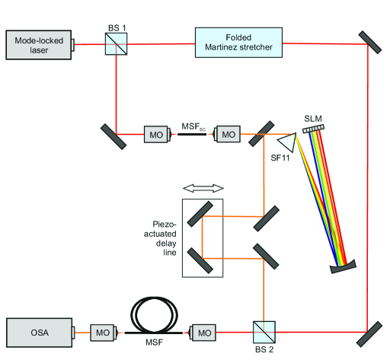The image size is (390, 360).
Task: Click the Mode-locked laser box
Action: (x=39, y=45)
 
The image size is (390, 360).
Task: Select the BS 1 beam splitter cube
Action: (x=117, y=44)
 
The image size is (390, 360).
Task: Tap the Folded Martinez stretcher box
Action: (x=238, y=43)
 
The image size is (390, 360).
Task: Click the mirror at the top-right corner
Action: (x=370, y=43)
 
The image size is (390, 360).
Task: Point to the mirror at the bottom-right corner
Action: (x=369, y=334)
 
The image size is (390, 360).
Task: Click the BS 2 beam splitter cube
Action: (x=264, y=333)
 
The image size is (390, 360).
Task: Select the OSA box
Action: (x=40, y=333)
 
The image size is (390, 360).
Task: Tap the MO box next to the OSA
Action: (x=102, y=333)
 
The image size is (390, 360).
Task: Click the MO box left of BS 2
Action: (x=204, y=333)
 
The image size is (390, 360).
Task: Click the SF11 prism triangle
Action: (x=289, y=142)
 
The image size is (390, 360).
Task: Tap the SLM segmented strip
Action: (x=314, y=129)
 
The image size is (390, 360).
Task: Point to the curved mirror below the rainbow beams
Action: (x=343, y=267)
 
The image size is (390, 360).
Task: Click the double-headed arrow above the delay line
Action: (x=203, y=188)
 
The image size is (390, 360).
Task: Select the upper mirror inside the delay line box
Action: (x=200, y=214)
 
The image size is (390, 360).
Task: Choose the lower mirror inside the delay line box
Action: (x=200, y=261)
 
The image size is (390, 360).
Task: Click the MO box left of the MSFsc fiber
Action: (x=156, y=135)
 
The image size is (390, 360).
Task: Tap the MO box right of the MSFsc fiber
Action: (x=229, y=134)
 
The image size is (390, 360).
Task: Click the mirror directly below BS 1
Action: (x=113, y=136)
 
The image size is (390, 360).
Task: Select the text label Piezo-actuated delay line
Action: (x=160, y=238)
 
